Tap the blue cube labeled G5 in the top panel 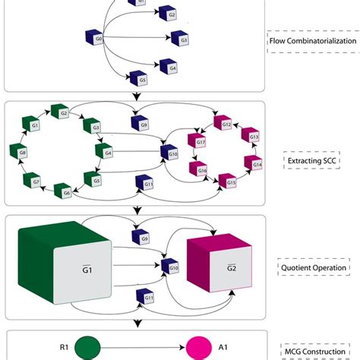(137, 77)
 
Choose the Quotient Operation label (311, 267)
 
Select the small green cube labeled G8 (22, 153)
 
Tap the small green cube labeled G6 (66, 192)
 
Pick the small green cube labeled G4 (108, 153)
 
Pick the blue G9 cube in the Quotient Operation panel (145, 237)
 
